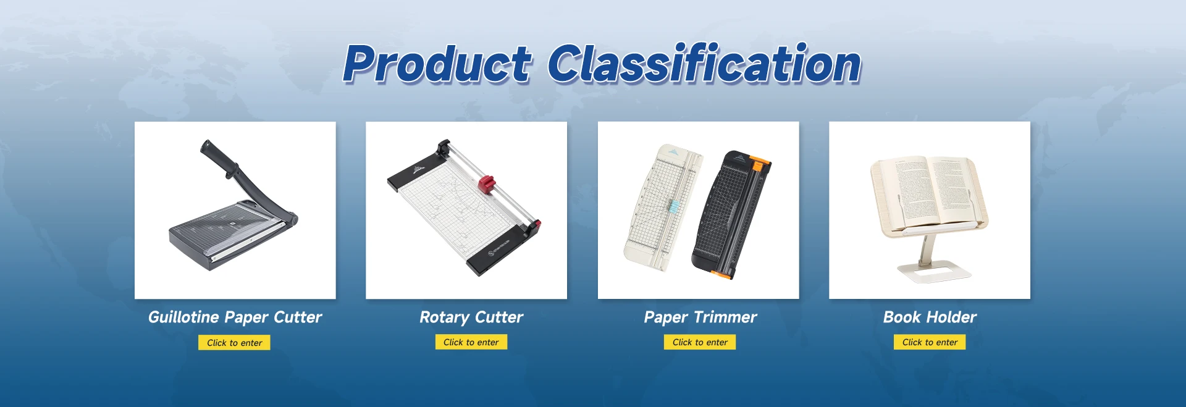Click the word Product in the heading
pos(437,64)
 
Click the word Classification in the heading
pos(704,64)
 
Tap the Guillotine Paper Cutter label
pos(235,317)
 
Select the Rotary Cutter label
pos(471,317)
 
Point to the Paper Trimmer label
pos(700,317)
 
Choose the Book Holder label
pos(930,317)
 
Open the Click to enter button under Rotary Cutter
pos(471,342)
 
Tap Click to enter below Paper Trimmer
pos(700,342)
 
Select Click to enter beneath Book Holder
pos(930,342)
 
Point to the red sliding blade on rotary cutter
pos(487,183)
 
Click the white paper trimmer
pos(662,208)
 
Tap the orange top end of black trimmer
pos(760,164)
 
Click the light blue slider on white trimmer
pos(673,206)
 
